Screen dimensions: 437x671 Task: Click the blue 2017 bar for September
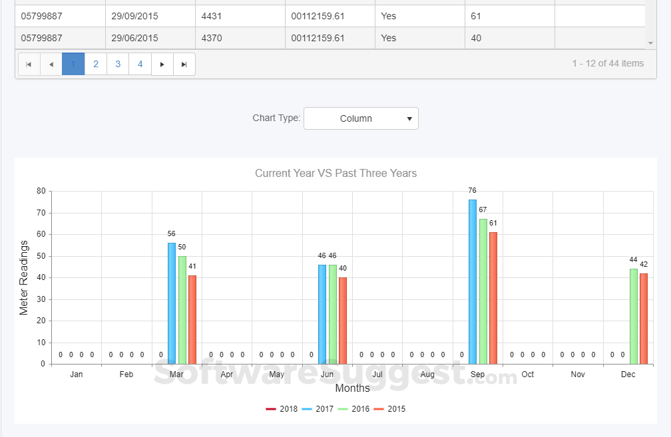coord(473,281)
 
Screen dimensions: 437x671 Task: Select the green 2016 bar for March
coord(182,310)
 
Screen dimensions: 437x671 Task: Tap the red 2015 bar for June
coord(343,321)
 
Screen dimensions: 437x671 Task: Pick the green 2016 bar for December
coord(633,316)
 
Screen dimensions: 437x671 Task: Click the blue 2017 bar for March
coord(172,303)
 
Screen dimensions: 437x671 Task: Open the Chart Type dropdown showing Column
coord(361,118)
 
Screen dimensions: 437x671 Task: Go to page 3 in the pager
coord(118,64)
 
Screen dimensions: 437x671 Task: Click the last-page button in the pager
coord(184,64)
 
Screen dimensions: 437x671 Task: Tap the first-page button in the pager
coord(29,64)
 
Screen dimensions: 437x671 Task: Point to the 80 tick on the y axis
coord(41,192)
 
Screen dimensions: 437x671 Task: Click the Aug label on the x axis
coord(427,374)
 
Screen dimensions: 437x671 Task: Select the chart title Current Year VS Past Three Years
coord(335,174)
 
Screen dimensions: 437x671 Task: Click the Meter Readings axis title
coord(24,277)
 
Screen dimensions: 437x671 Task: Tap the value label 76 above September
coord(472,191)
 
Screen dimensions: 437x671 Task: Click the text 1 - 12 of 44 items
coord(608,63)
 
